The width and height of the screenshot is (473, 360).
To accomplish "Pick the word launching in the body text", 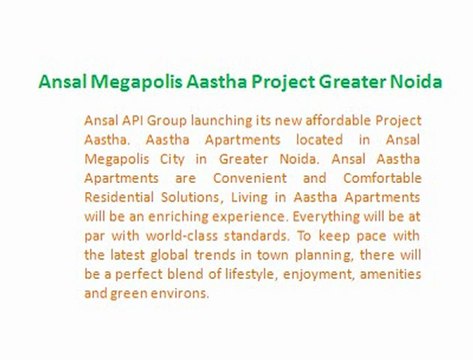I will point(231,118).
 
